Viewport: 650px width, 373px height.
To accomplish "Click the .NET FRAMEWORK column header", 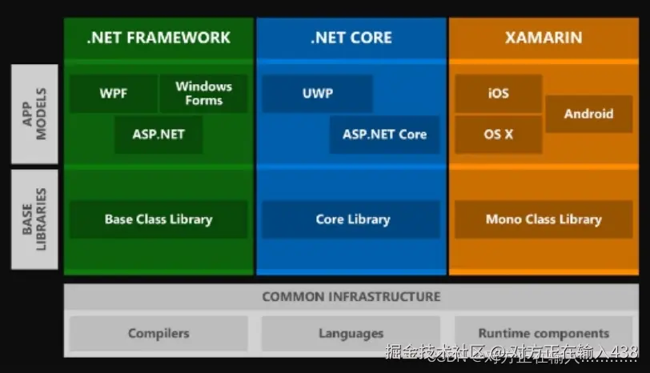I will [158, 38].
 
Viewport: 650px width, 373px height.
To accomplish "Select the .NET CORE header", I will [351, 38].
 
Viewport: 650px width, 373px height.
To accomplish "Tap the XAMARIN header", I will [544, 38].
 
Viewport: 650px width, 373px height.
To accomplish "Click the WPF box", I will [113, 94].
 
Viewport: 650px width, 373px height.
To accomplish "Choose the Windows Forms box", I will [203, 94].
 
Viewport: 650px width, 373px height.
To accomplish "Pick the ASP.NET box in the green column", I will [158, 134].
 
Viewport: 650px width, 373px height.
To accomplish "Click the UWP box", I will [317, 94].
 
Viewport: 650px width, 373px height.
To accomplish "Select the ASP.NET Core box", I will [384, 134].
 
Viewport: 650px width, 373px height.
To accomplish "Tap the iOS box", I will [498, 94].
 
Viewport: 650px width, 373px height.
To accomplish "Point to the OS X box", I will [498, 134].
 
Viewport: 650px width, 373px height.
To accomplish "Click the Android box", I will [588, 114].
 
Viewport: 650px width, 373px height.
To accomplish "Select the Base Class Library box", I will [158, 219].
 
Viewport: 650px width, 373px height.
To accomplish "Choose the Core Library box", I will [351, 219].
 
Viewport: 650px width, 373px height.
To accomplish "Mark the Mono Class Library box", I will [544, 219].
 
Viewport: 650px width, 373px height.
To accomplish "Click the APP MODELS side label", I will [34, 114].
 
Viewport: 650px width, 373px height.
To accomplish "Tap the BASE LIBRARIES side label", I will [34, 219].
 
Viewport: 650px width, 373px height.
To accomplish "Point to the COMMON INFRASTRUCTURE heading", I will [351, 297].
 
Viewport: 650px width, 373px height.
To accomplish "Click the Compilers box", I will [158, 334].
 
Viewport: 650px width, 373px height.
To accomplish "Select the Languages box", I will [351, 334].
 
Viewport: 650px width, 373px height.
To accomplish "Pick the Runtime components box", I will [544, 334].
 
